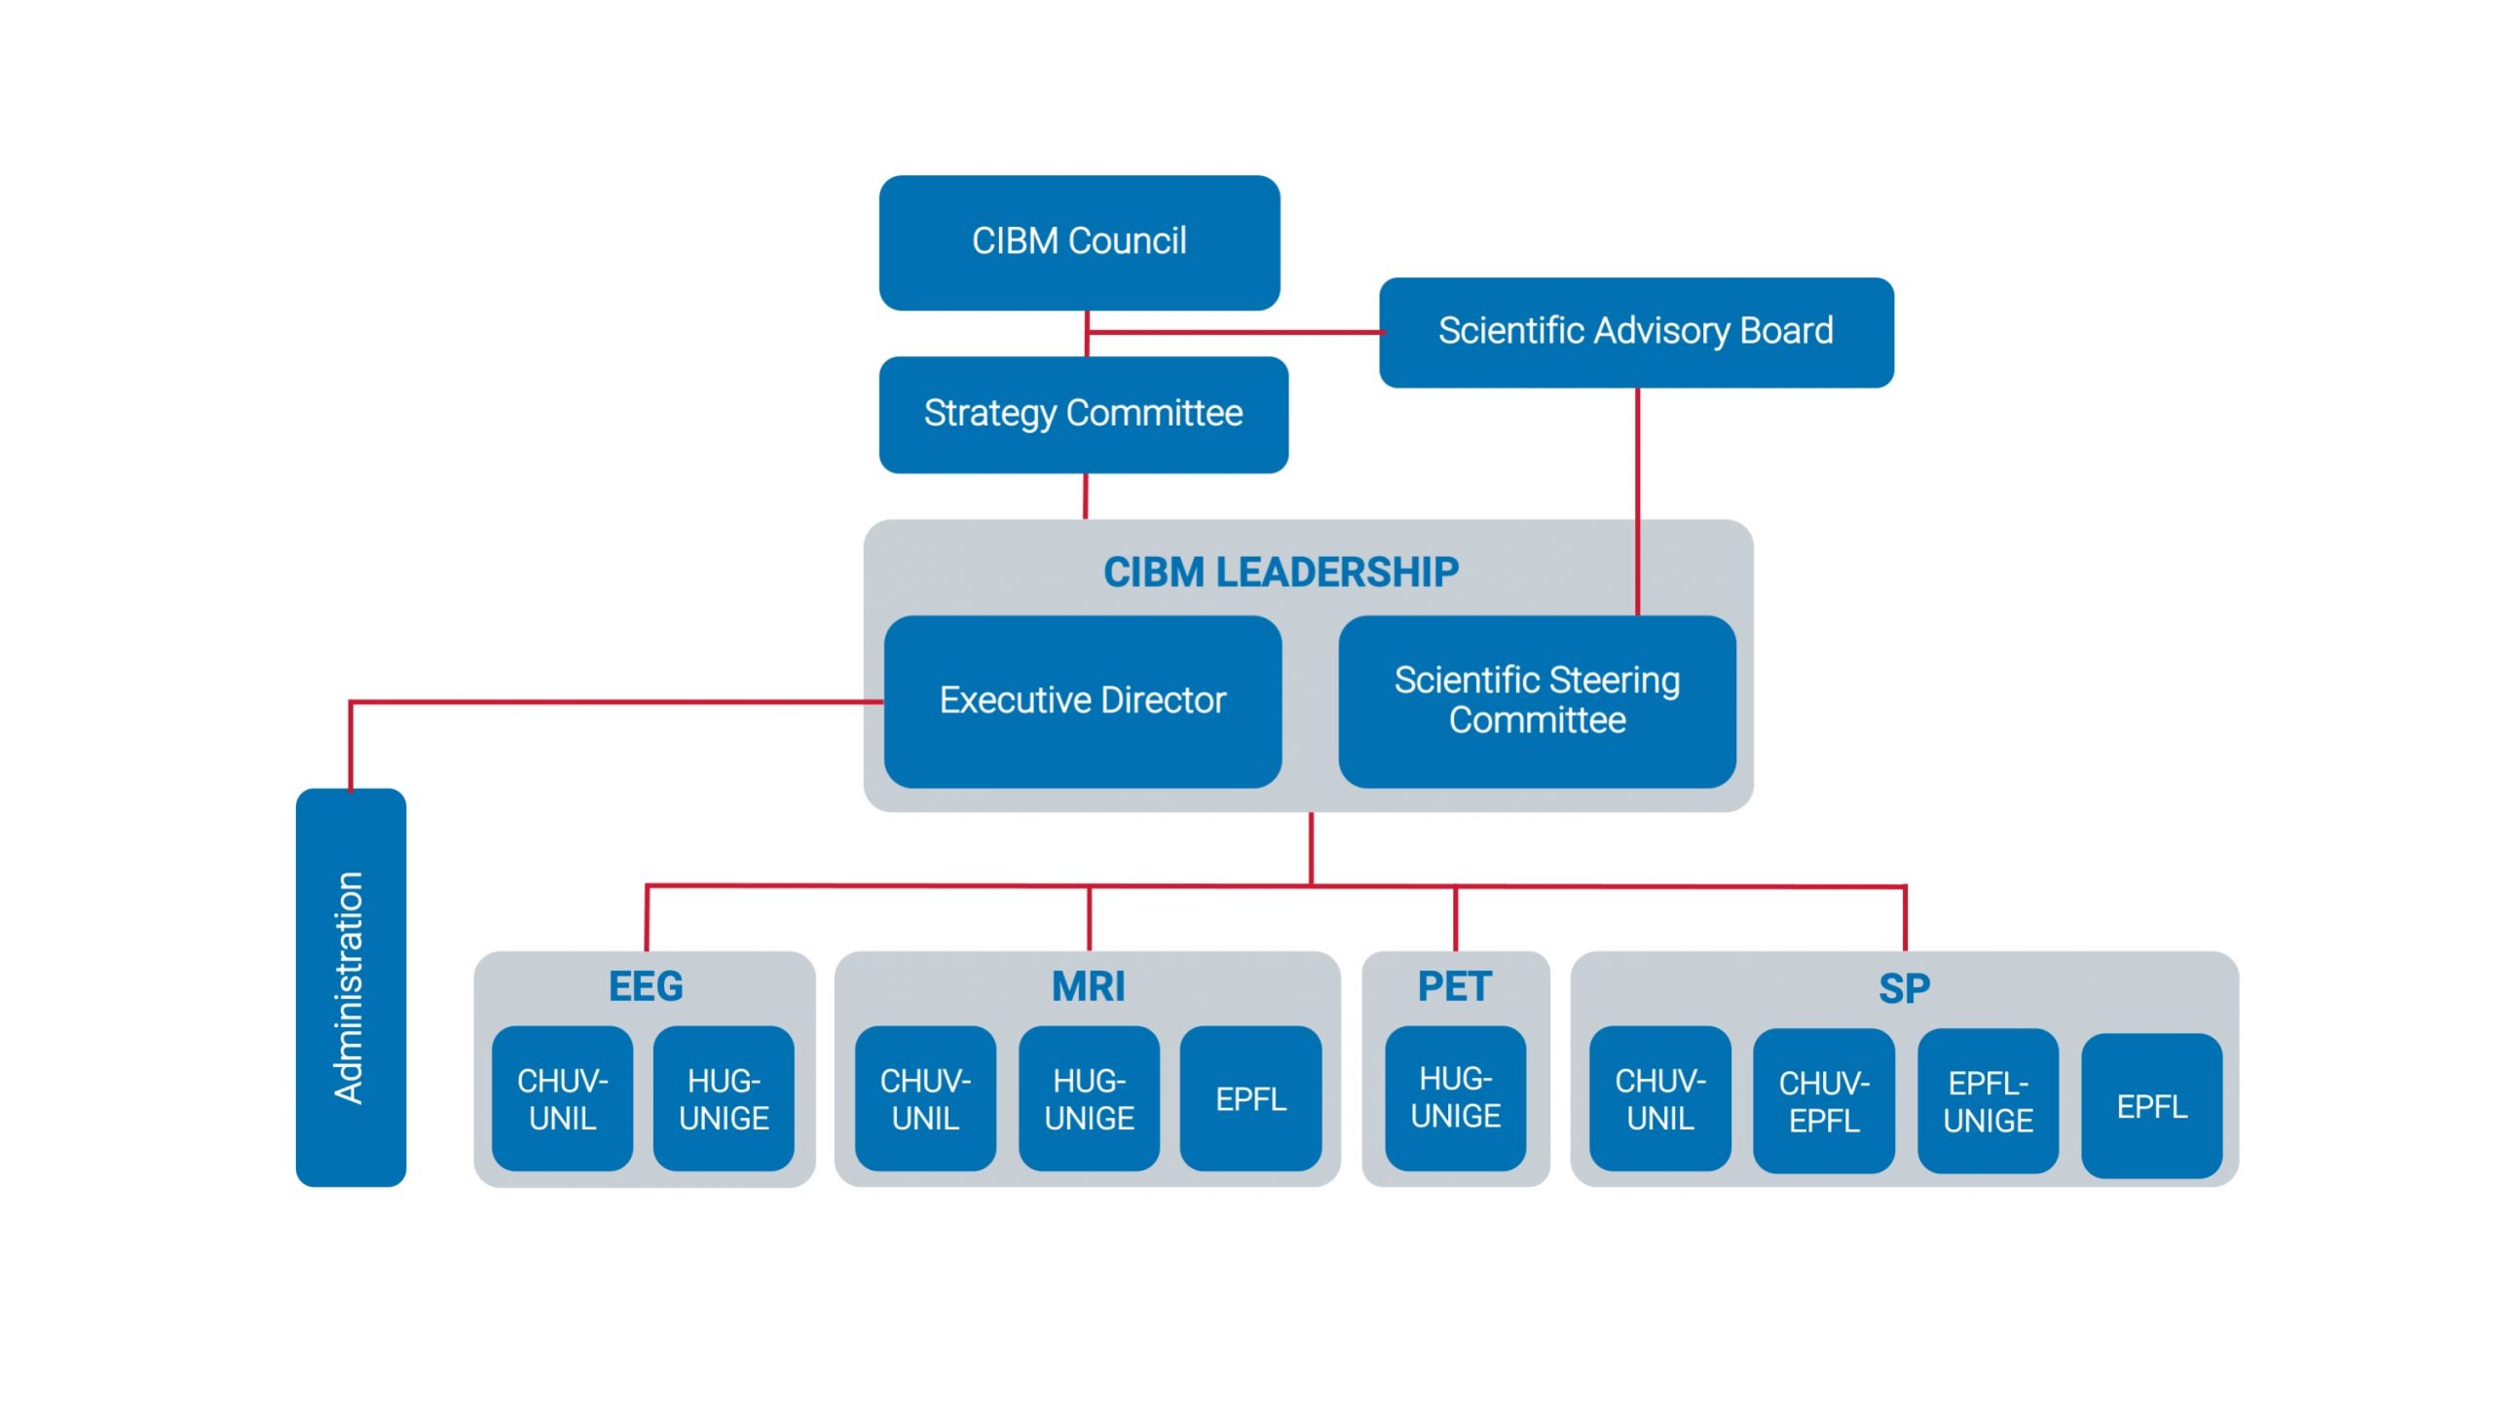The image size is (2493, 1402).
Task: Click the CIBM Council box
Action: coord(1079,242)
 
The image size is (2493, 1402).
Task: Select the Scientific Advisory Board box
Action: coord(1636,332)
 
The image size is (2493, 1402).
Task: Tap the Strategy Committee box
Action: coord(1083,415)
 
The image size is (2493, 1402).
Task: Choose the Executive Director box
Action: coord(1082,701)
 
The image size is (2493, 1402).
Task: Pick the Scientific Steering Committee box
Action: coord(1537,701)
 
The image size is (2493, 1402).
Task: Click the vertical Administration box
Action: coord(351,987)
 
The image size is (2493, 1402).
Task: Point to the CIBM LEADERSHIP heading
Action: coord(1281,572)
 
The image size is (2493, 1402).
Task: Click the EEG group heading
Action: coord(646,986)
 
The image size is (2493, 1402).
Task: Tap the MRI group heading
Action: coord(1088,986)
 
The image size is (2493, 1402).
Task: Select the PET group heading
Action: coord(1454,986)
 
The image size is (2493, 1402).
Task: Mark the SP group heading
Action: coord(1904,988)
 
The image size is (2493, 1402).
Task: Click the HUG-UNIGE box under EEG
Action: coord(724,1098)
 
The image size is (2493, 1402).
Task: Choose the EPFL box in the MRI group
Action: coord(1250,1098)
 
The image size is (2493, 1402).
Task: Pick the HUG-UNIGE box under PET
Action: coord(1455,1098)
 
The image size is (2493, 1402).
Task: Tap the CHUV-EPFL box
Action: coord(1824,1100)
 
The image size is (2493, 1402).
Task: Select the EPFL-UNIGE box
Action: coord(1988,1100)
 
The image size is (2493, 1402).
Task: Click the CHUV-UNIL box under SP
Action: coord(1660,1098)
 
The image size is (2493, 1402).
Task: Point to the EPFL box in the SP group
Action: coord(2152,1105)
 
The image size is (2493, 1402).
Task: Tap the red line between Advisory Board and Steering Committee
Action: coord(1637,501)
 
